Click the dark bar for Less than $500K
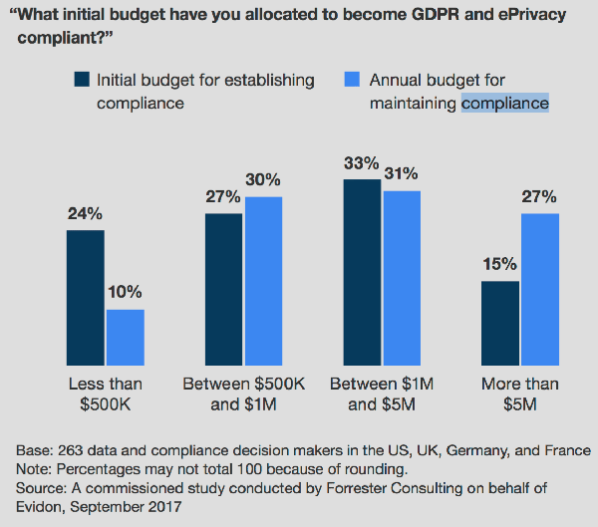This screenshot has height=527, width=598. click(86, 299)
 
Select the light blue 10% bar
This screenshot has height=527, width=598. click(126, 339)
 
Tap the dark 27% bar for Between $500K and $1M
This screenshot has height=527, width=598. click(224, 290)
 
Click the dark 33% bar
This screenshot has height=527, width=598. click(362, 273)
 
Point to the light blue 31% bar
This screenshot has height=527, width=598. click(402, 279)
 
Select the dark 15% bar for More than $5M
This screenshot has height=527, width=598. click(500, 325)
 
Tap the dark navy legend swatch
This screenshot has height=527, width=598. click(83, 80)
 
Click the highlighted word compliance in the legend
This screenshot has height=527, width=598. click(505, 103)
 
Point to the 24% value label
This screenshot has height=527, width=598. click(85, 214)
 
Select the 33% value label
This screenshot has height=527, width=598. click(362, 162)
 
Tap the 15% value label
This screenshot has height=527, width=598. click(499, 264)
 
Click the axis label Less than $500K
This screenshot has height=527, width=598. click(105, 394)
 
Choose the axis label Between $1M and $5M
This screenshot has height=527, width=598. click(382, 394)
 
